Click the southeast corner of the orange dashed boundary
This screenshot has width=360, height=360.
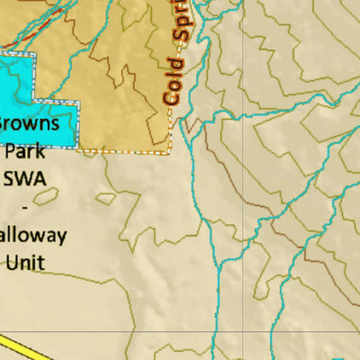pyautogui.click(x=170, y=152)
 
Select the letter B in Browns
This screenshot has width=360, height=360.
pyautogui.click(x=4, y=123)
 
